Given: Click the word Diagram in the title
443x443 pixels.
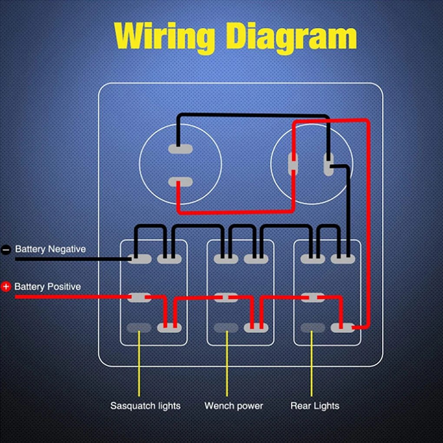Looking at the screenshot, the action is pos(291,37).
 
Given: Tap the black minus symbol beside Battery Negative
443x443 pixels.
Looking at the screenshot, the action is pos(6,250).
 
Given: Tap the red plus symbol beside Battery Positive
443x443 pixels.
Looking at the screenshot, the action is pos(6,287).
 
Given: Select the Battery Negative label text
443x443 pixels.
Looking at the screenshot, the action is pos(50,249).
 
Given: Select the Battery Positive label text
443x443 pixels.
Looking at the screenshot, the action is pos(47,287).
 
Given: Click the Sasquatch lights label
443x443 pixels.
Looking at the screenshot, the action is pos(145,406).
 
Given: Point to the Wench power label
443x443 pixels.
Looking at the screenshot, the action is pos(234,406).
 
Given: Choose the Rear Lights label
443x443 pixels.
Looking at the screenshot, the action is pos(315,406).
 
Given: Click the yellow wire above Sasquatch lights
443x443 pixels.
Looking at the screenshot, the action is pos(139,364).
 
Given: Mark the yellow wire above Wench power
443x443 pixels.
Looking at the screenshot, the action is pos(227,364).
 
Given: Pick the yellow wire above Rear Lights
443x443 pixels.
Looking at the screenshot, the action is pos(312,364).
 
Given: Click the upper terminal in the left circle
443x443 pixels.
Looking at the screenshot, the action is pos(181,149).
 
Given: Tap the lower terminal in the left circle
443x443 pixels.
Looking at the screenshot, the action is pos(181,182).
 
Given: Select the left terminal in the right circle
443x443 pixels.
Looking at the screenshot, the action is pos(293,164).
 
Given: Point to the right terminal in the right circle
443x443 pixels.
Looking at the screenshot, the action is pos(329,165).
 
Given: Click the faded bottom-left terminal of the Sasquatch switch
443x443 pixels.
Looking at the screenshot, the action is pos(139,328).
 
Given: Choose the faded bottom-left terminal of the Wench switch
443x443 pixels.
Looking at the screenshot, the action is pos(226,328).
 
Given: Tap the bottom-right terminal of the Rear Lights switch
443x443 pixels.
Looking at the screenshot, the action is pos(343,328).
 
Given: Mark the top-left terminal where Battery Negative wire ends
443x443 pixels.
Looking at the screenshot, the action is pos(139,259).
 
